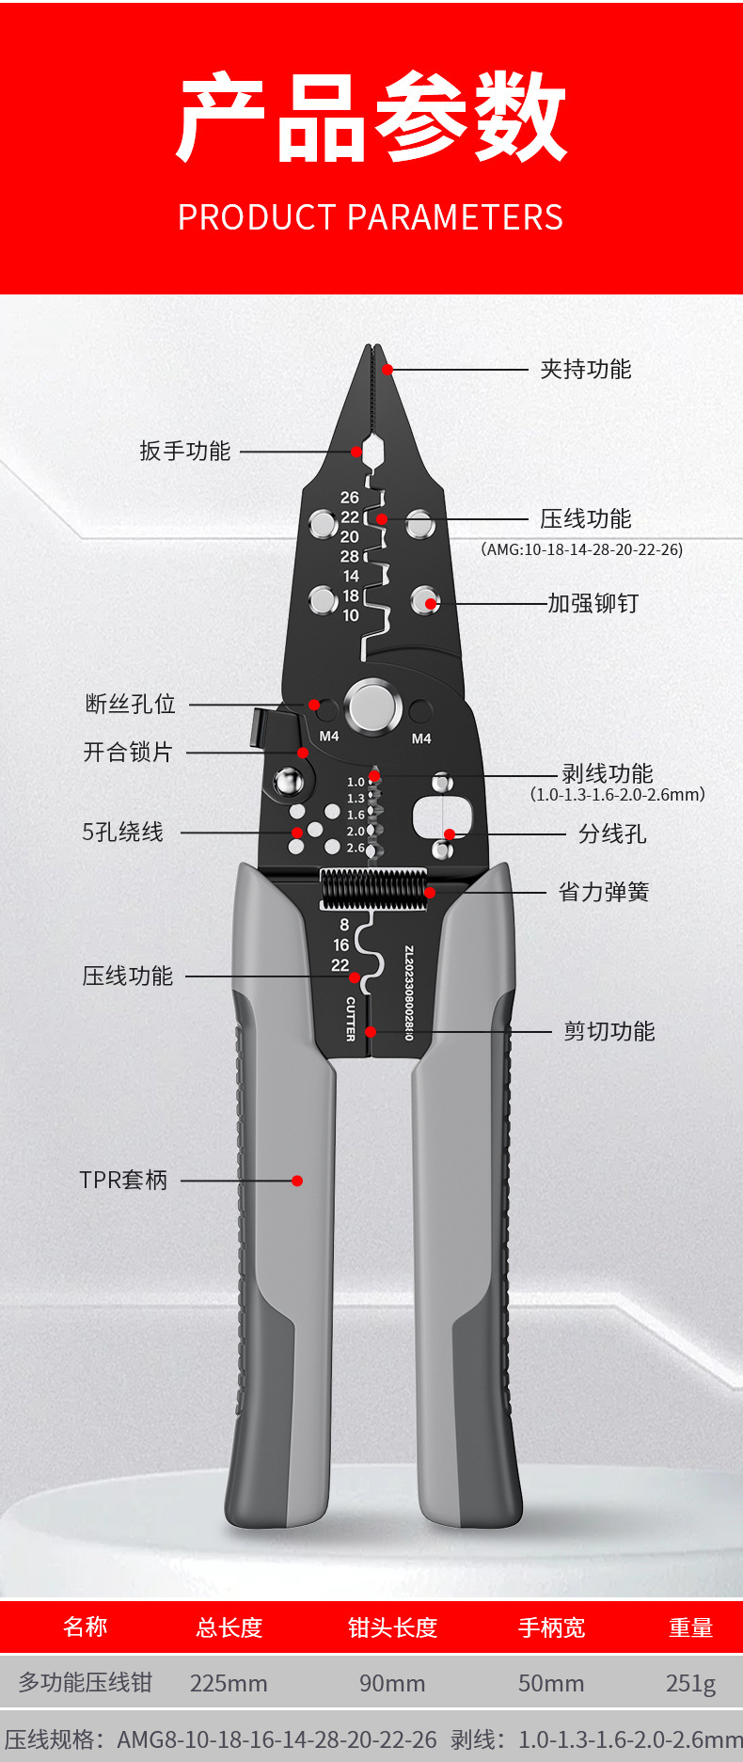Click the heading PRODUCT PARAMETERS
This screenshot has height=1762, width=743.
(371, 217)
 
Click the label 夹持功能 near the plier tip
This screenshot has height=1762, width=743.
(585, 369)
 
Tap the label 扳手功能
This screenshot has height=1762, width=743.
(185, 452)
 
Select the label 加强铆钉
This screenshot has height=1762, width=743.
(593, 603)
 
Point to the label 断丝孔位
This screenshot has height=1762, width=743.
(131, 704)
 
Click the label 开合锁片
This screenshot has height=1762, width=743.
(128, 753)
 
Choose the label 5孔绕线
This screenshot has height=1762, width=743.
(123, 833)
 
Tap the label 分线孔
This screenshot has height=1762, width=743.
(612, 833)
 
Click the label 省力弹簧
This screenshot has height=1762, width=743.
(604, 892)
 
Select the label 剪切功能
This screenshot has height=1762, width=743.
(609, 1032)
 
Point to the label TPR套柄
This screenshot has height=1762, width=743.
(123, 1180)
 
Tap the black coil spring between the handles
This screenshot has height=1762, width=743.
(374, 889)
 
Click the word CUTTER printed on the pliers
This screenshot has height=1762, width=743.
(351, 1019)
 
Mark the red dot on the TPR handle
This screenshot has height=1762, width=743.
(297, 1181)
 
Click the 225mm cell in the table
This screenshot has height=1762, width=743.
(229, 1683)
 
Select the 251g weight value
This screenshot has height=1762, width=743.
(690, 1683)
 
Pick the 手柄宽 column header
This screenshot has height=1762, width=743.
(551, 1627)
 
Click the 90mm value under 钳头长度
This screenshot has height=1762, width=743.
(392, 1683)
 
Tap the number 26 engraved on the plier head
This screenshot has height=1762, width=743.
(350, 497)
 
